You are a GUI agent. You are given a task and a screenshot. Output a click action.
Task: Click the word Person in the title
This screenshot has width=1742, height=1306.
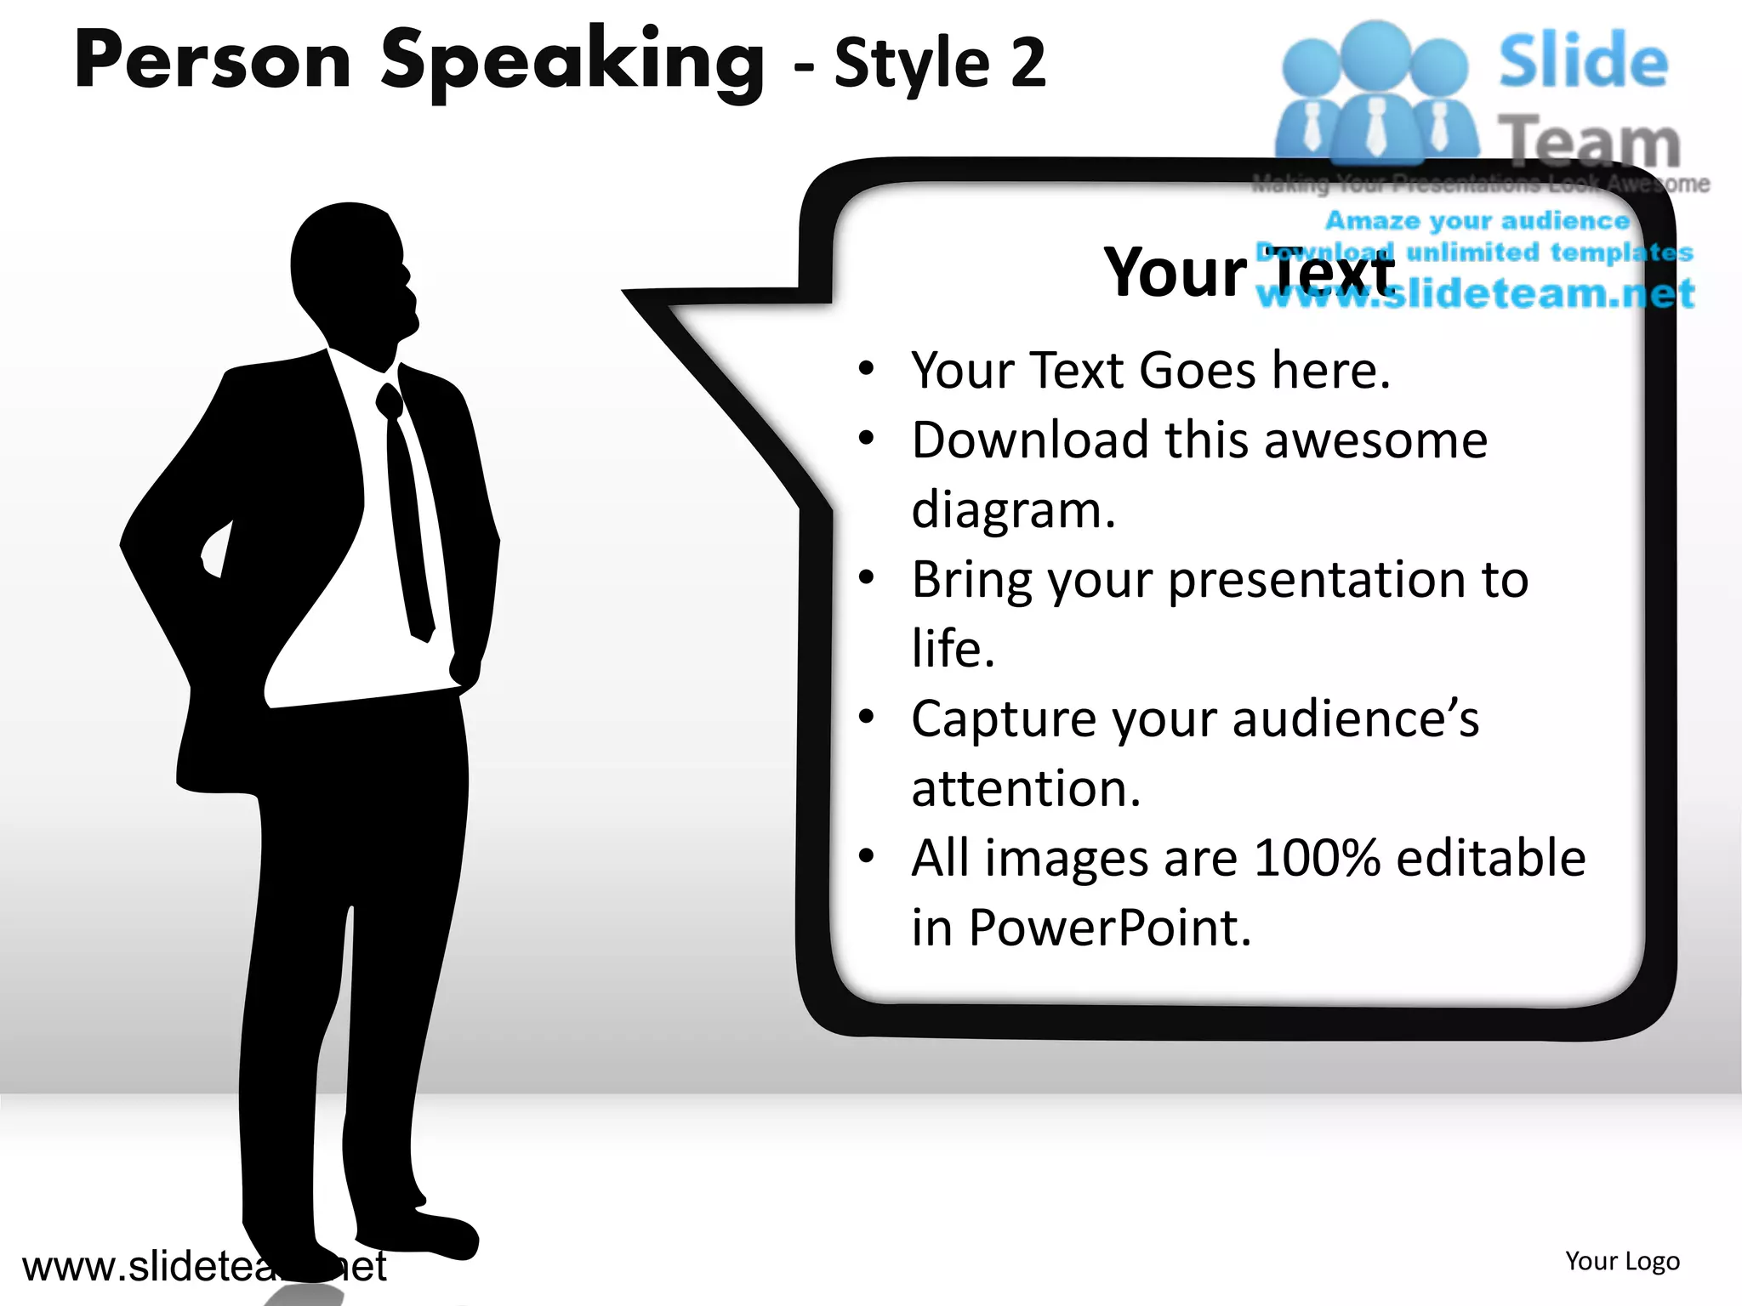[x=213, y=61]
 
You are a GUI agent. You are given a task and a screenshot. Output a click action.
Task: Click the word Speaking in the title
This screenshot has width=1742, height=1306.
[x=572, y=64]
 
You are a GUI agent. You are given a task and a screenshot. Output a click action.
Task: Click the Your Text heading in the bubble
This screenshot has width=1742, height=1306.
[x=1248, y=272]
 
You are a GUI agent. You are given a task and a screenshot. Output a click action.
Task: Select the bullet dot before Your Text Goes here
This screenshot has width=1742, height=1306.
[x=866, y=369]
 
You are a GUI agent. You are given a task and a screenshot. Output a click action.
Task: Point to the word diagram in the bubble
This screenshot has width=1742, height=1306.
[x=1012, y=510]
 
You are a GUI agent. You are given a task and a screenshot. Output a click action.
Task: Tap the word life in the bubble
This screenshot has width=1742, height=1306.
[x=951, y=649]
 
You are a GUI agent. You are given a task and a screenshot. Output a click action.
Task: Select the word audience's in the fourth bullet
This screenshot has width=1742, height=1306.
[x=1356, y=719]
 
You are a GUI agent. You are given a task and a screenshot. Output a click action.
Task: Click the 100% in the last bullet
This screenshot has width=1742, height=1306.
[x=1316, y=858]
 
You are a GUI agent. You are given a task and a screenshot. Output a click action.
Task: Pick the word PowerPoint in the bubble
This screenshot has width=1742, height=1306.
[x=1110, y=928]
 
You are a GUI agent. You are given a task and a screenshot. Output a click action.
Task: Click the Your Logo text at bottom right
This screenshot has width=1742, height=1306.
[x=1622, y=1261]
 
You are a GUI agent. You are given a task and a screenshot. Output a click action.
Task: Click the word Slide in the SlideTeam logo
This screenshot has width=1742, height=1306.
[x=1582, y=61]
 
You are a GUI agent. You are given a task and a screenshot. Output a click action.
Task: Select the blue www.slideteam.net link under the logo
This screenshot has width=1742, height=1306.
[x=1476, y=294]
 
